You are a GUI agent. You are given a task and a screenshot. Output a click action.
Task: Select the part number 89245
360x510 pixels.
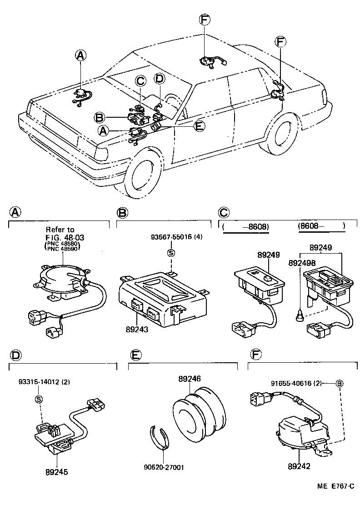click(x=57, y=472)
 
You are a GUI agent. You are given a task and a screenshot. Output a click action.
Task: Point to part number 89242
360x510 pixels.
click(x=298, y=465)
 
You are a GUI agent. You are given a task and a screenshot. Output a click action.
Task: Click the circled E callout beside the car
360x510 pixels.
click(x=199, y=126)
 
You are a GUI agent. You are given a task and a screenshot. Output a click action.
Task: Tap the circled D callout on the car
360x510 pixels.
click(x=159, y=79)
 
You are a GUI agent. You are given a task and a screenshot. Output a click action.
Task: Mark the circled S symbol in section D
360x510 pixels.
click(x=39, y=399)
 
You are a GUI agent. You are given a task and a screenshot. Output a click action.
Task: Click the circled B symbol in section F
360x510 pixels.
click(x=339, y=383)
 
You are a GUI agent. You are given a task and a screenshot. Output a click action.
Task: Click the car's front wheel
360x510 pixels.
click(x=142, y=175)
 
